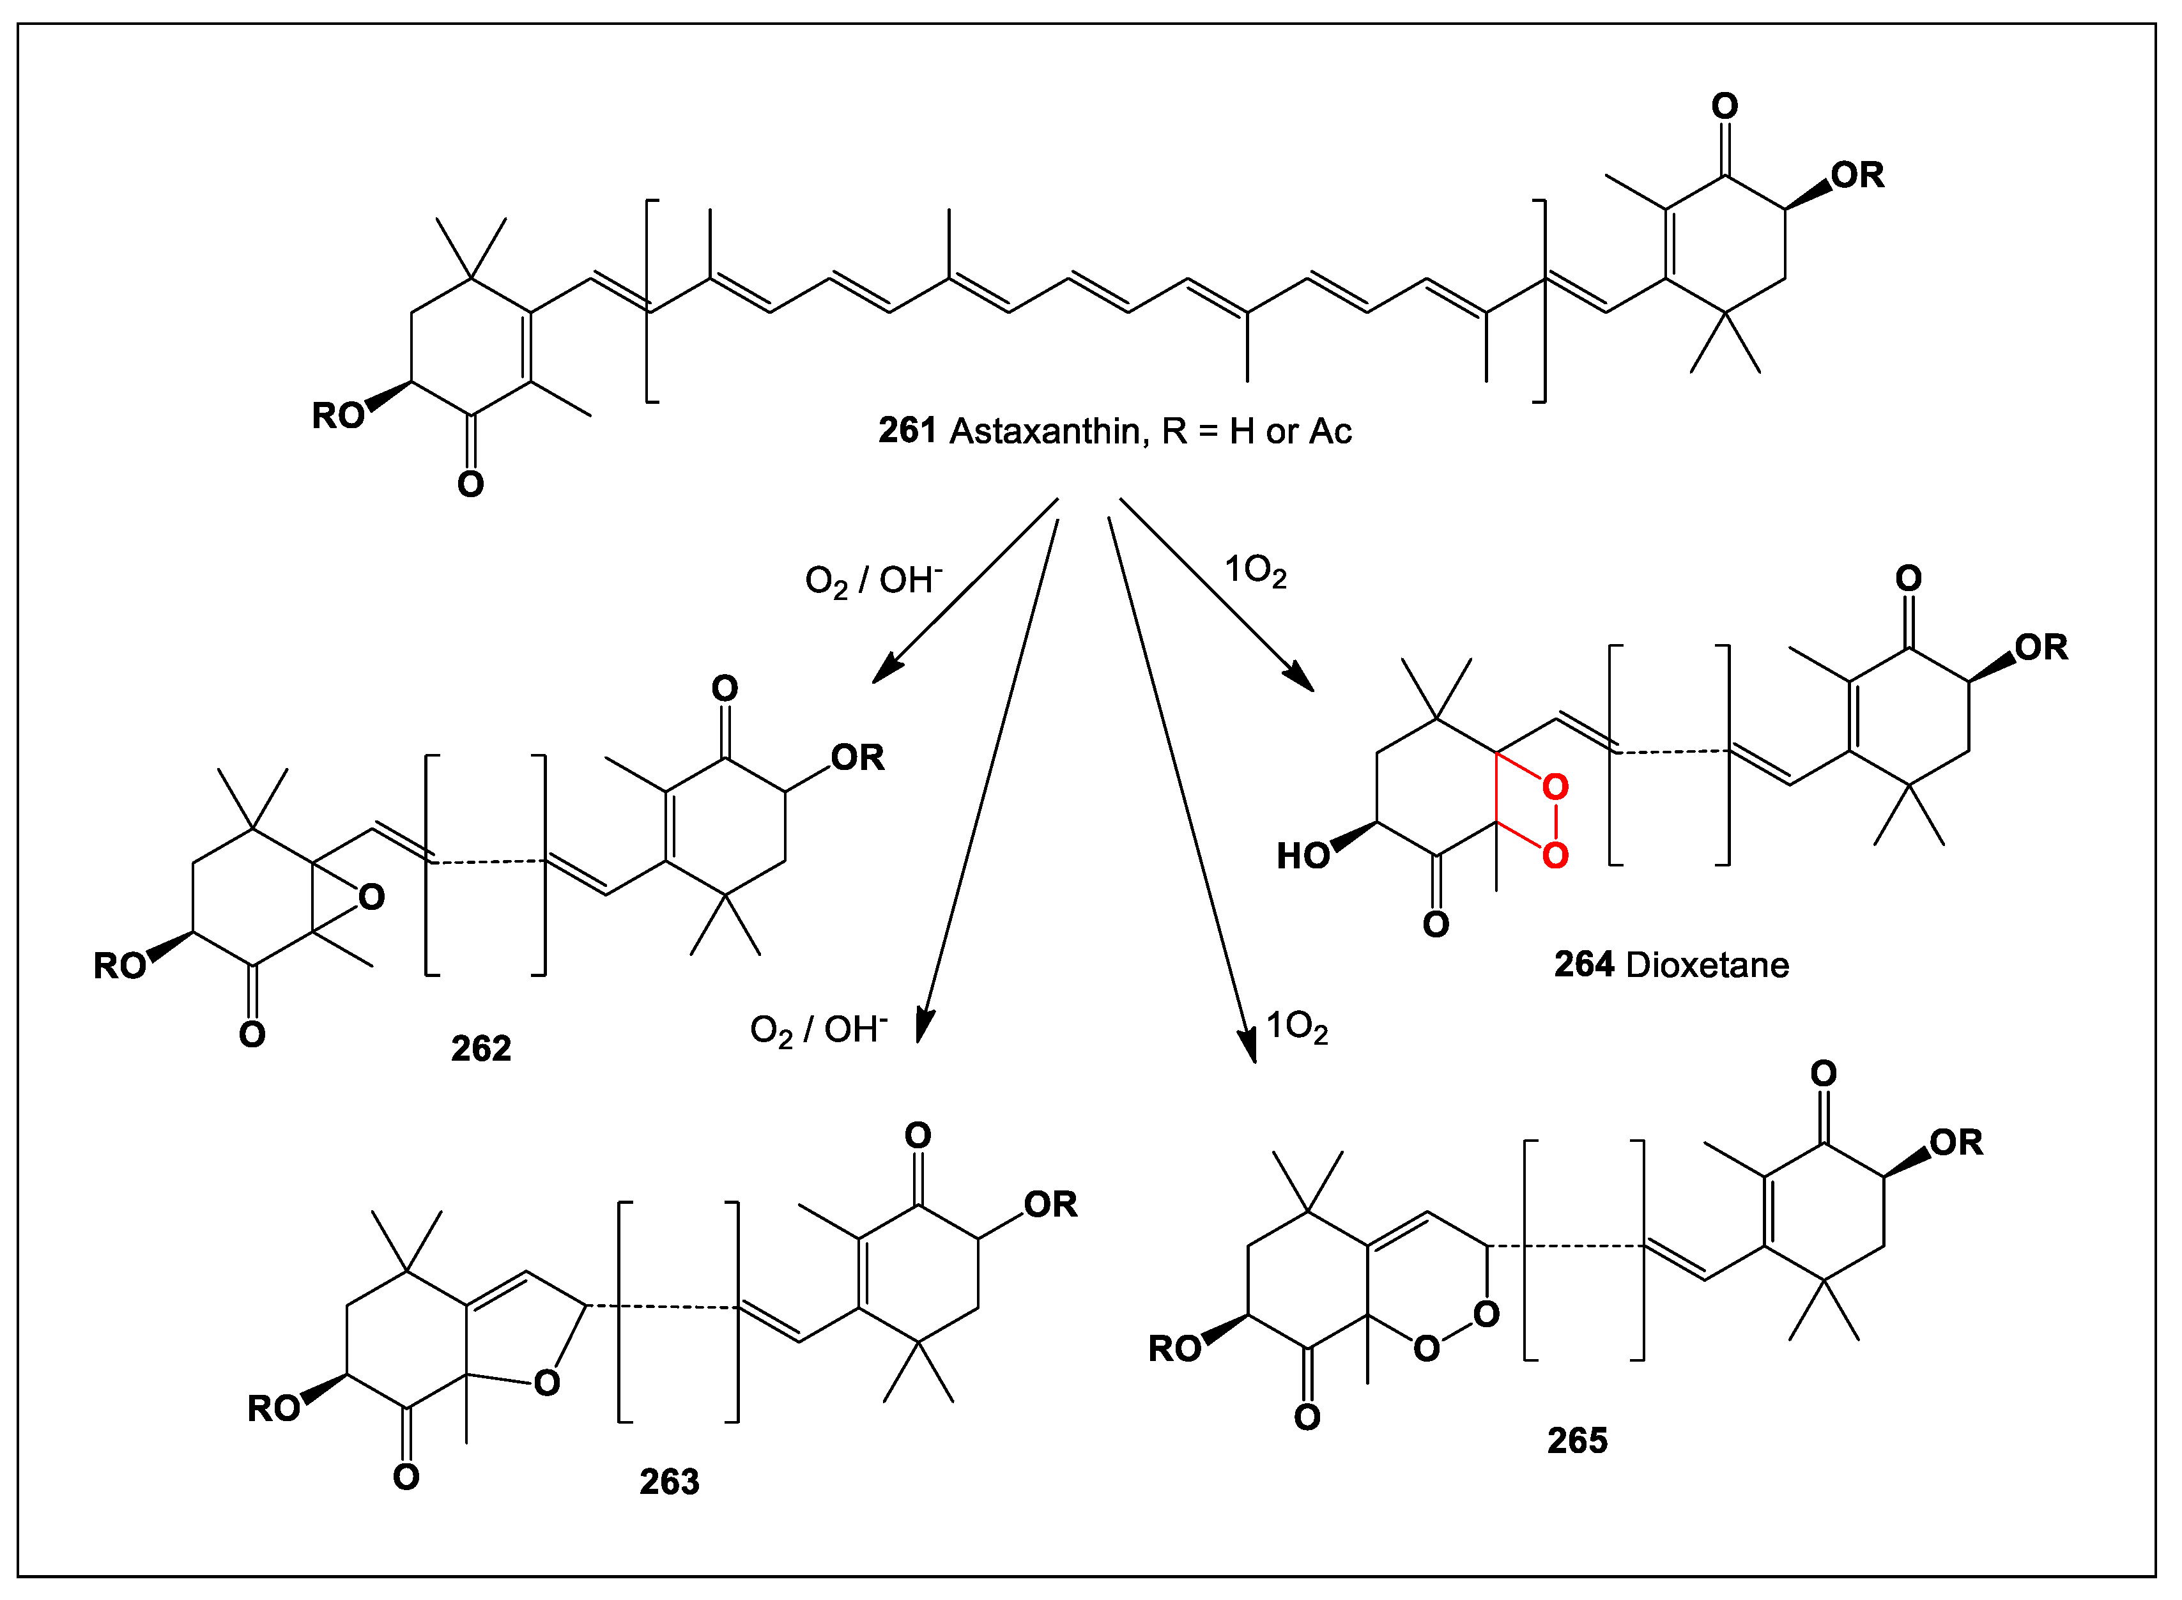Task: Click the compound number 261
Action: tap(907, 431)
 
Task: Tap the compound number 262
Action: tap(480, 1048)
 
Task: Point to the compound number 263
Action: tap(668, 1482)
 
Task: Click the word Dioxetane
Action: tap(1707, 965)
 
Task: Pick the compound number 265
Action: tap(1577, 1440)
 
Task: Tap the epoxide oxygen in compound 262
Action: tap(371, 897)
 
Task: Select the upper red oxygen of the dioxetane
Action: tap(1555, 787)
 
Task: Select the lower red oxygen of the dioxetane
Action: tap(1555, 855)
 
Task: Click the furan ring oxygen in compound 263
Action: tap(546, 1382)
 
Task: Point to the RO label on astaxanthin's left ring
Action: tap(337, 415)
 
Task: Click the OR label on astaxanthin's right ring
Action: tap(1857, 175)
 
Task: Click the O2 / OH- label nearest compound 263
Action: tap(818, 1029)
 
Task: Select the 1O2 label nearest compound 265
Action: tap(1297, 1027)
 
